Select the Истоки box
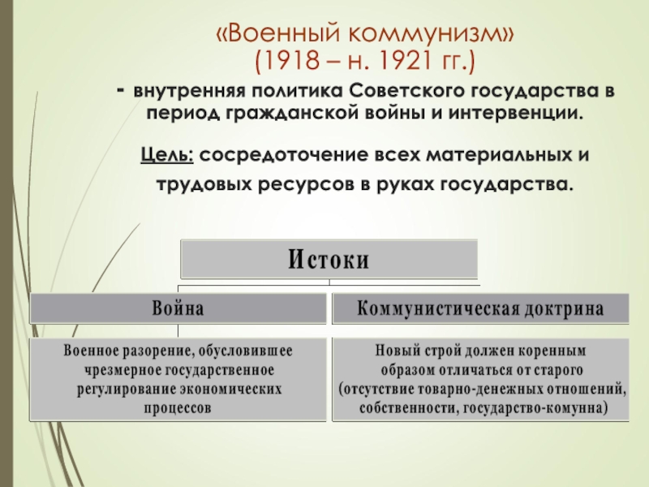[329, 260]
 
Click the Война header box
[178, 308]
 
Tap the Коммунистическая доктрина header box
[481, 308]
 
